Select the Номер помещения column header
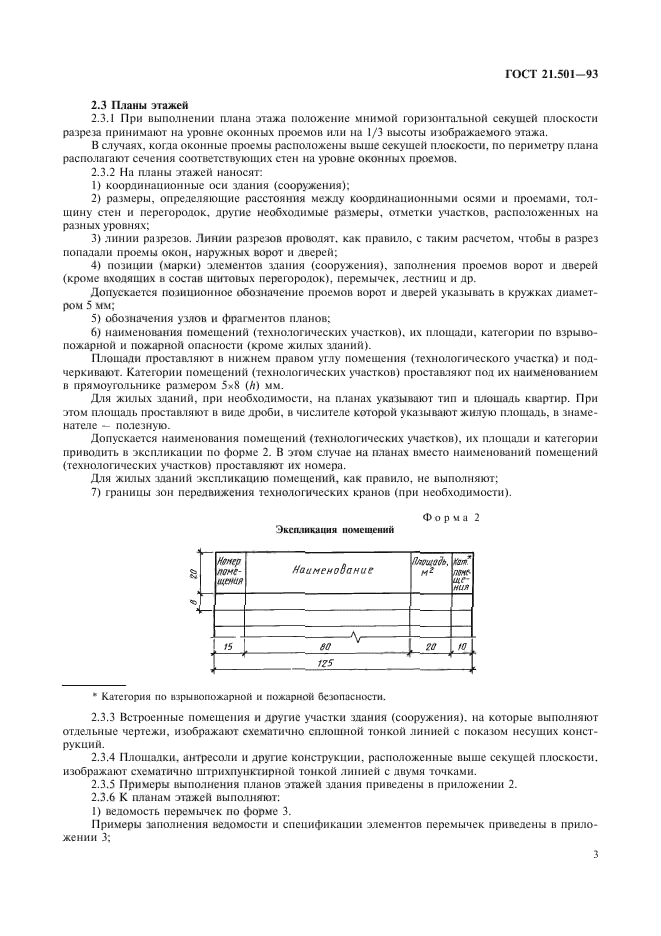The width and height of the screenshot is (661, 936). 230,570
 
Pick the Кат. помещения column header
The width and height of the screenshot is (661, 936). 461,573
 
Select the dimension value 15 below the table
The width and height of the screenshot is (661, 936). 229,647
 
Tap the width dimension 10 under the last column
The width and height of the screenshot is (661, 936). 461,647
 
